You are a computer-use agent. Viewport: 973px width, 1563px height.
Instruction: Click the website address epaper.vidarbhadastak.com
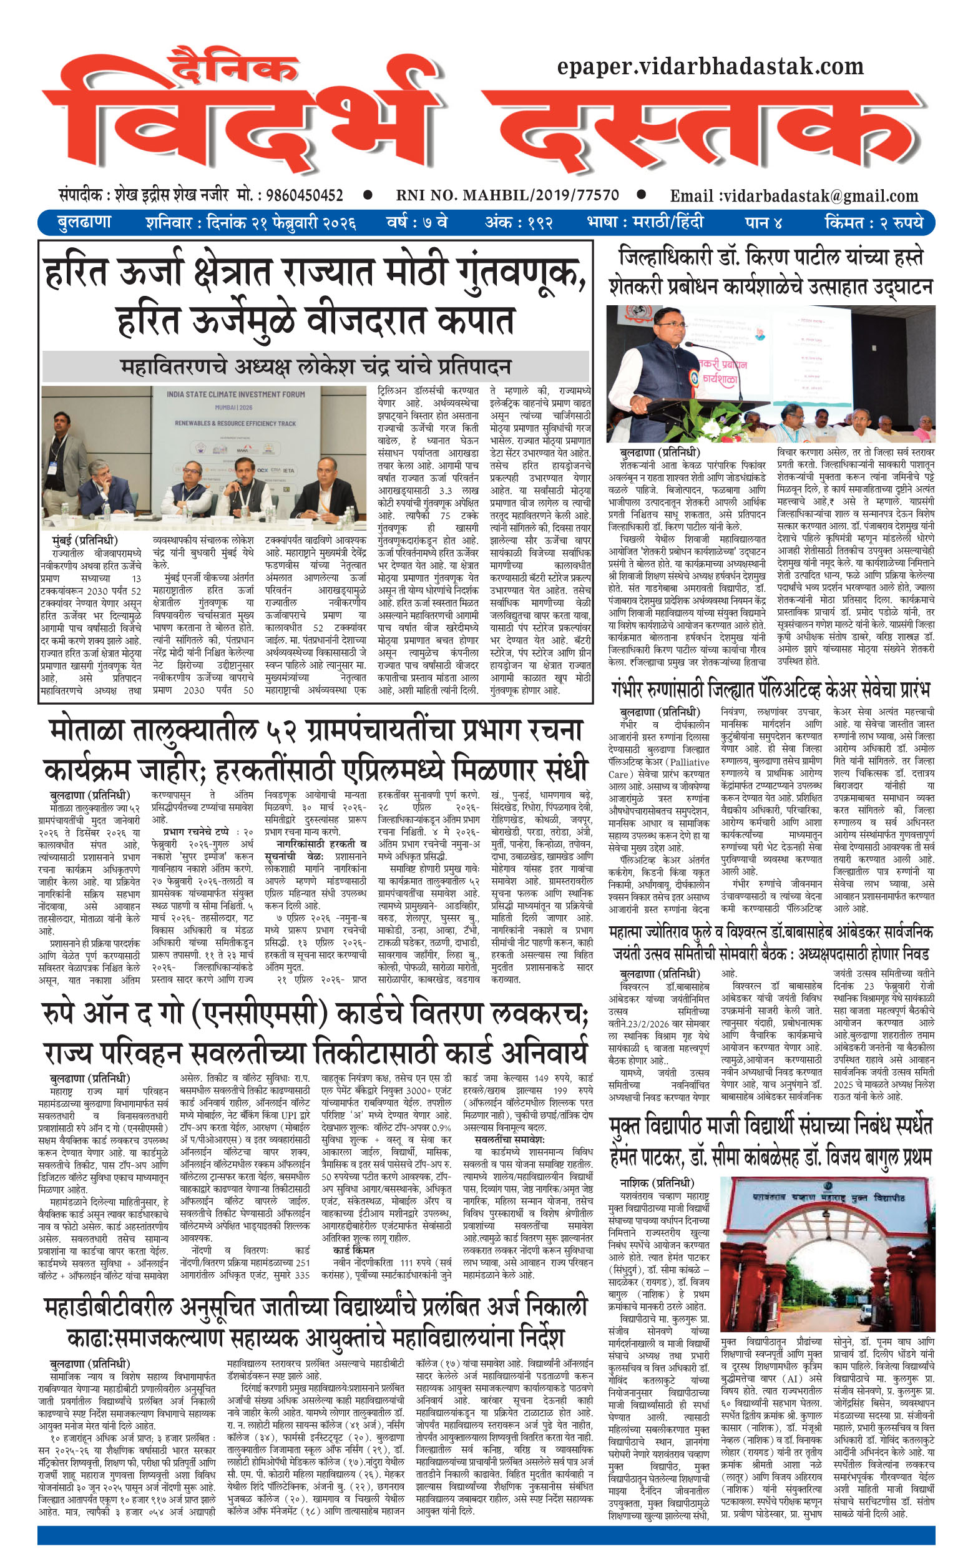(x=710, y=66)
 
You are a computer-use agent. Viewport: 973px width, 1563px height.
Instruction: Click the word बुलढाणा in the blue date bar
(x=85, y=223)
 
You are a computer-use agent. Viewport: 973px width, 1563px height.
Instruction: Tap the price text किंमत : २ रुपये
(x=873, y=223)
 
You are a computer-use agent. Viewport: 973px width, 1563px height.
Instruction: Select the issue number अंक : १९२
(x=519, y=223)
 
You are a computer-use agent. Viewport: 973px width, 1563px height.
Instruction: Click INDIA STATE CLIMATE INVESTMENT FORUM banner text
(x=235, y=394)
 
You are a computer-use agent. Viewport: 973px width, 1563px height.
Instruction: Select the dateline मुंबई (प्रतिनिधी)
(x=85, y=539)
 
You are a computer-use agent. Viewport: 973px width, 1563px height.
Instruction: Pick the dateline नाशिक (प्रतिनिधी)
(x=657, y=1183)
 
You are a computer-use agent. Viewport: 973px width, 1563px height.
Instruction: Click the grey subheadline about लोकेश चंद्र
(x=315, y=367)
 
